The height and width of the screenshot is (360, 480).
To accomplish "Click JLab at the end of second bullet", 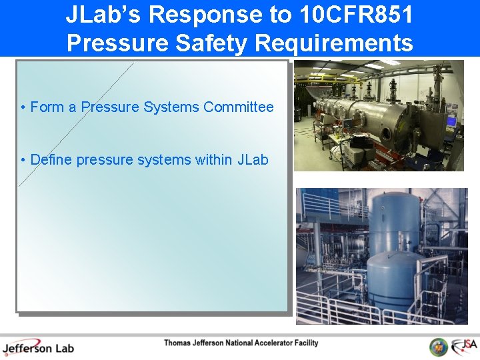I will [x=253, y=160].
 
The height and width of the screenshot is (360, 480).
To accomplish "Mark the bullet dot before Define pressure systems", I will [x=23, y=161].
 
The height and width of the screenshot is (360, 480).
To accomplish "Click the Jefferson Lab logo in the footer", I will [x=38, y=347].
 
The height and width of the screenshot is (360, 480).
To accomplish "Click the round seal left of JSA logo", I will [x=438, y=347].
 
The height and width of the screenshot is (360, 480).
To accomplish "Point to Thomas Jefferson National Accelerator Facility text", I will [x=241, y=343].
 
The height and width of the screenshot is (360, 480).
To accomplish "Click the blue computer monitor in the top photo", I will [x=452, y=121].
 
